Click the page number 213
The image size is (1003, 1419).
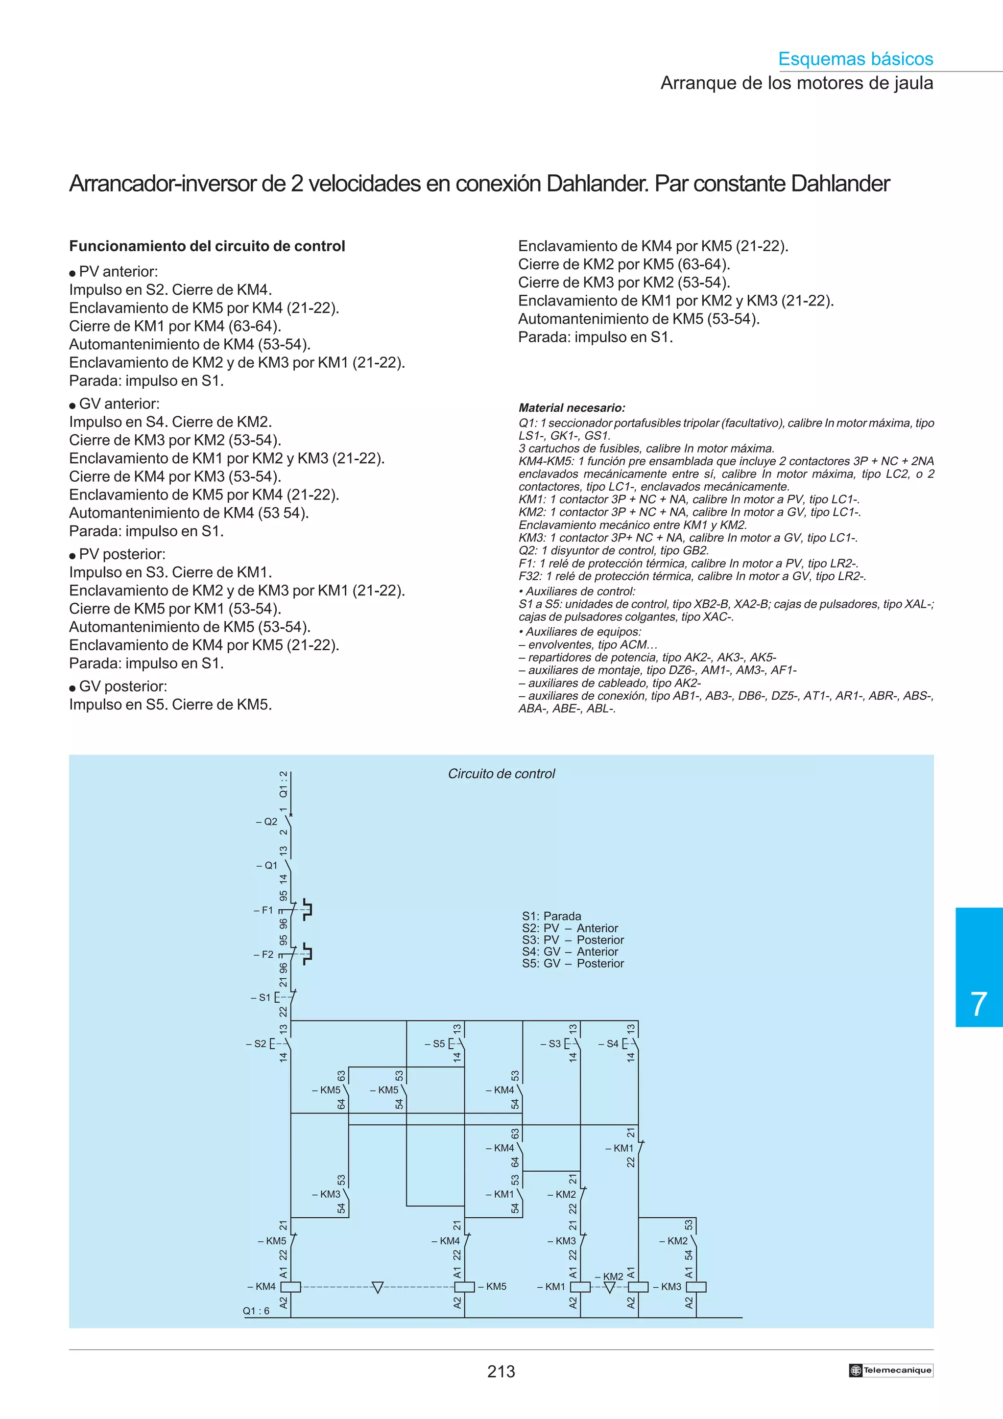(501, 1372)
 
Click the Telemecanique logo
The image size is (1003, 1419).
(890, 1370)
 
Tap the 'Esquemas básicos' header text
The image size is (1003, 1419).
(855, 59)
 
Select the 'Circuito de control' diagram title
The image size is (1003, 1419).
(501, 773)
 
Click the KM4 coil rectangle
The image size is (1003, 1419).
(290, 1287)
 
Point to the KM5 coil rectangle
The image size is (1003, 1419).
(464, 1287)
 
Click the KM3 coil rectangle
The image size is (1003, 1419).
(696, 1287)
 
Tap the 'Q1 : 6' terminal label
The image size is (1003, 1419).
(256, 1311)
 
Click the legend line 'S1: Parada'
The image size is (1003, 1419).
(551, 916)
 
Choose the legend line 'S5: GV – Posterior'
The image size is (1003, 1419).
(573, 964)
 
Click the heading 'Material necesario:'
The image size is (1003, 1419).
(572, 408)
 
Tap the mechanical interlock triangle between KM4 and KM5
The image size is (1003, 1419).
(378, 1287)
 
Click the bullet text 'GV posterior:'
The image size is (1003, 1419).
(123, 686)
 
